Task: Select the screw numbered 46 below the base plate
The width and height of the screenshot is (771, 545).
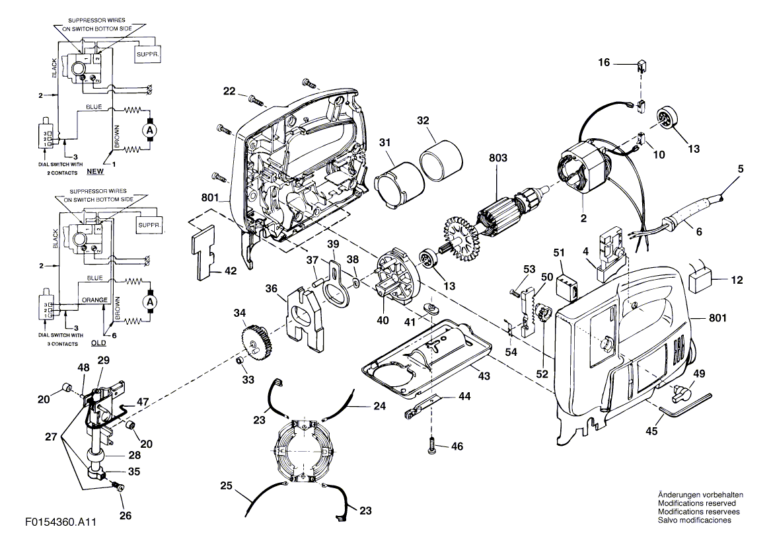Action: coord(432,446)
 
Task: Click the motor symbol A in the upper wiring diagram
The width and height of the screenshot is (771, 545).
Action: coord(149,131)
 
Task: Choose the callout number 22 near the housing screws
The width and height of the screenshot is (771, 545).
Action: coord(229,92)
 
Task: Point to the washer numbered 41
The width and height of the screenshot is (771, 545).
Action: coord(433,310)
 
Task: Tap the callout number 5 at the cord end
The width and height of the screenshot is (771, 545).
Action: coord(741,169)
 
